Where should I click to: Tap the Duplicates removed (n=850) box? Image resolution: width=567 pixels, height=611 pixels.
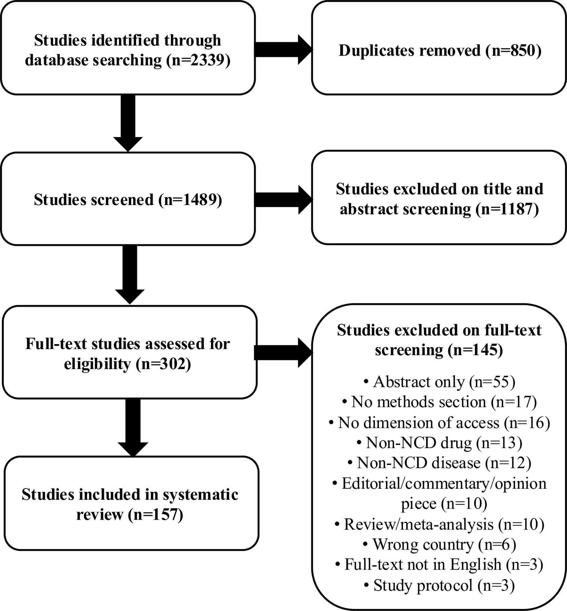pos(439,50)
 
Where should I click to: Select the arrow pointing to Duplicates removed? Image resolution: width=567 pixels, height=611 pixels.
pos(283,50)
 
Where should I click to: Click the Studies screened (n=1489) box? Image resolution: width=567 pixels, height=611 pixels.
pos(128,199)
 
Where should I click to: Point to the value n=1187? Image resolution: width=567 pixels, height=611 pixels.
pos(507,209)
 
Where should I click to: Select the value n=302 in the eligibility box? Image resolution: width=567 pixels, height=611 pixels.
pos(163,364)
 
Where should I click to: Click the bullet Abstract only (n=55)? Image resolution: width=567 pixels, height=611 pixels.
pos(439,382)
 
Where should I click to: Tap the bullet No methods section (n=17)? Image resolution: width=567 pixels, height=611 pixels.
pos(439,402)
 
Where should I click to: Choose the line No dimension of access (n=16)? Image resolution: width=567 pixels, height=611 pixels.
pos(439,423)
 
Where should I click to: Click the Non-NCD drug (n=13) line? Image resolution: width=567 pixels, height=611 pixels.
pos(439,443)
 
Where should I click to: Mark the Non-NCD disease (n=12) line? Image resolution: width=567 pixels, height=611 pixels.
pos(439,463)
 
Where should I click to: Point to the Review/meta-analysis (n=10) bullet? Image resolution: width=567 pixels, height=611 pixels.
pos(439,524)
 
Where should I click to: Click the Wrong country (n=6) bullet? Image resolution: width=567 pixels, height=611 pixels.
pos(439,544)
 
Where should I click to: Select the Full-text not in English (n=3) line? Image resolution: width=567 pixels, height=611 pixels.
pos(439,564)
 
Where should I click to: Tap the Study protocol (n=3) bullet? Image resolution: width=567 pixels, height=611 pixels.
pos(439,585)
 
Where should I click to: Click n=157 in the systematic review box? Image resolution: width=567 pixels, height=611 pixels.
pos(155,515)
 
